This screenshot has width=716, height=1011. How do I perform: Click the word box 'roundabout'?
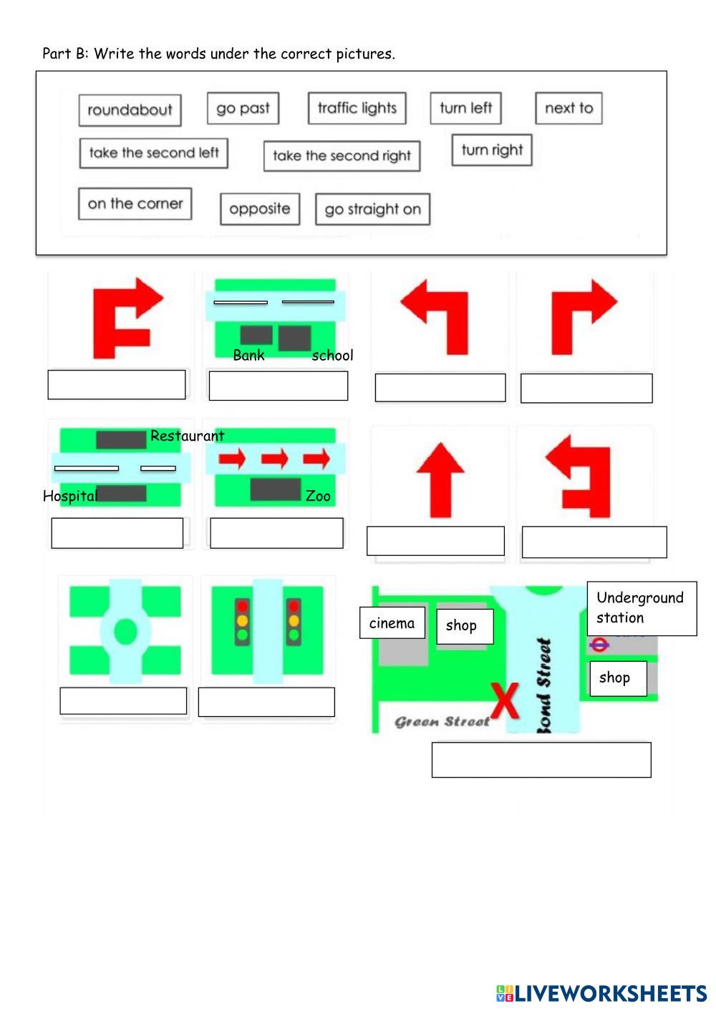coord(130,110)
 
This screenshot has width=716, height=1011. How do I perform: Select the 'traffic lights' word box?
coord(357,108)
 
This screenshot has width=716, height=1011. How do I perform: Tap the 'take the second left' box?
coord(153,153)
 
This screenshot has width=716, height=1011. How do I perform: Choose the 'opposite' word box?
coord(259,209)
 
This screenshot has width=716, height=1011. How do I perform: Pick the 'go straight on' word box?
coord(372,210)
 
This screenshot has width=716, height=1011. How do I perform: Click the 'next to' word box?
coord(569,108)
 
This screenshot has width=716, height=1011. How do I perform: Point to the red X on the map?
coord(504,701)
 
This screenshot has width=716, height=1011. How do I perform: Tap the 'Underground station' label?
coord(641,608)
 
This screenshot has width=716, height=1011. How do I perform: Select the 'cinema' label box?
coord(392,623)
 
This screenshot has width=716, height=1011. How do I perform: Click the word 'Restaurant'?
coord(187,436)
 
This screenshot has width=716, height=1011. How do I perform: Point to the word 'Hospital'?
coord(69,496)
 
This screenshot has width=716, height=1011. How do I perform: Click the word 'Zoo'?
coord(318,496)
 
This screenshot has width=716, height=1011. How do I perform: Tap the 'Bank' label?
coord(248,355)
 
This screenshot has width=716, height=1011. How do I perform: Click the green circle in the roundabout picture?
coord(125,631)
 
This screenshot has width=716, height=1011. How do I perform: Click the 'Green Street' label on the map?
coord(441,722)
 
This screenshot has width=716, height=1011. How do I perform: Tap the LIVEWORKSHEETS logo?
coord(601,993)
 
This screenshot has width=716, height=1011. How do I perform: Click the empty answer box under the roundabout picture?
coord(123,701)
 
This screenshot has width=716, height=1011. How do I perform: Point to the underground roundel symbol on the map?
coord(599,645)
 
